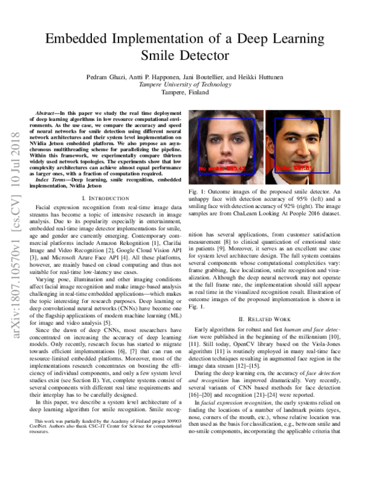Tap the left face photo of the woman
click(x=224, y=146)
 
